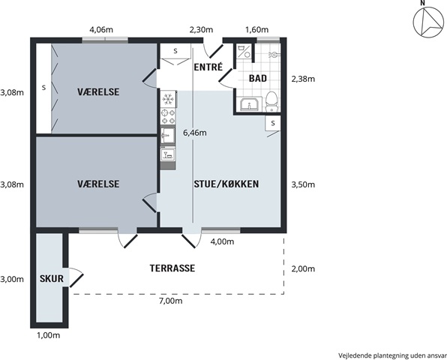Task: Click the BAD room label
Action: (x=258, y=78)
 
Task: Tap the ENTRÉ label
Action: (x=208, y=67)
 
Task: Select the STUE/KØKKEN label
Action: (x=226, y=184)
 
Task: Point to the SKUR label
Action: (x=52, y=278)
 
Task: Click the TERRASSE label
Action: (x=172, y=268)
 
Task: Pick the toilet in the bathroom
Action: (x=271, y=102)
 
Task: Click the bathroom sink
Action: (x=250, y=104)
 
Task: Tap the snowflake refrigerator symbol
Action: (x=168, y=99)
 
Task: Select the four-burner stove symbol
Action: (x=168, y=116)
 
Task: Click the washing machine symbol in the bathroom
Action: (x=244, y=52)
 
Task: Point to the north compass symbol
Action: (x=428, y=22)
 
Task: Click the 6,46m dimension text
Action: (x=195, y=133)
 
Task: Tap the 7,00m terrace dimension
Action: (x=170, y=301)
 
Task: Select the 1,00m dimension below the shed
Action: (x=49, y=335)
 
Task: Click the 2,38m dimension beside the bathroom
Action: (x=303, y=79)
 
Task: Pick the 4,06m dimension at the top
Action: (x=101, y=30)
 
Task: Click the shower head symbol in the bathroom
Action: (x=274, y=55)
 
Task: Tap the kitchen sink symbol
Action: (x=168, y=136)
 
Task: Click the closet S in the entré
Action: (x=175, y=51)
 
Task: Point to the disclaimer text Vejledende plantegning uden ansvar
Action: (x=392, y=355)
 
